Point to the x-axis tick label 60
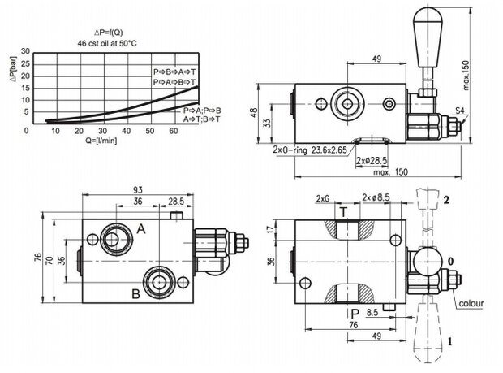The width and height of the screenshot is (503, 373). [x=150, y=131]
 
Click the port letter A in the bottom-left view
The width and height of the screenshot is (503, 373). [x=141, y=230]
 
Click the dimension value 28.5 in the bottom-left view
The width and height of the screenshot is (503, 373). [x=174, y=202]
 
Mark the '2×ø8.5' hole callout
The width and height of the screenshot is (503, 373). [x=378, y=198]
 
